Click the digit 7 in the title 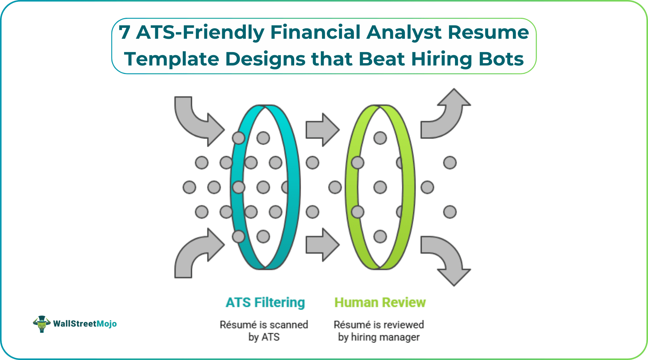[124, 33]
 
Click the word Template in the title [171, 59]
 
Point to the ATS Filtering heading [265, 302]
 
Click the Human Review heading [380, 302]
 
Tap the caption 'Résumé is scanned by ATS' [264, 331]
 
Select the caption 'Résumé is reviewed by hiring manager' [379, 331]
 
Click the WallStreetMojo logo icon [41, 324]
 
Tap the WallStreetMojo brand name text [85, 324]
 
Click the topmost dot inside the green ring [380, 138]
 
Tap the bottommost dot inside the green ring [380, 237]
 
